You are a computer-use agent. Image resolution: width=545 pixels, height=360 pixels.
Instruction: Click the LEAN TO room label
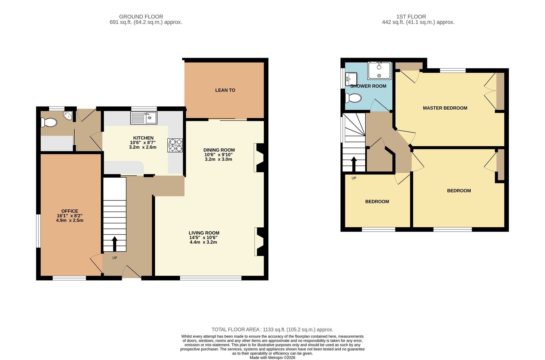225,90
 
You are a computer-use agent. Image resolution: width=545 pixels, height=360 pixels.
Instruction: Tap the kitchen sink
144,118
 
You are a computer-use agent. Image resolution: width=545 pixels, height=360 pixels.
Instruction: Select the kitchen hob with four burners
175,145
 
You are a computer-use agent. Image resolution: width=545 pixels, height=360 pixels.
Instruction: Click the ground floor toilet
49,122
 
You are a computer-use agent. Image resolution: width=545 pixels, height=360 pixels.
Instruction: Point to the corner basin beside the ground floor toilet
68,115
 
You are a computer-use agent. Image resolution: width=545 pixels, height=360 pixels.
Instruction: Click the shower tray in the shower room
379,71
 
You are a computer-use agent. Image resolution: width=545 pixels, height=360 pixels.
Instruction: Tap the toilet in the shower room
353,98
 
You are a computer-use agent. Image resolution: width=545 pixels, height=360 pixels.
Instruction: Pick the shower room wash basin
351,79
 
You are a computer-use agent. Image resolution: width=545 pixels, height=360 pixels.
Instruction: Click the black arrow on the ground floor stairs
114,244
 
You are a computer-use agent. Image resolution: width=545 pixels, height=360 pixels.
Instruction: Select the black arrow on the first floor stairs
354,164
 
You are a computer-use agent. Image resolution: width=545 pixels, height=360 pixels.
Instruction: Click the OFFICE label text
70,211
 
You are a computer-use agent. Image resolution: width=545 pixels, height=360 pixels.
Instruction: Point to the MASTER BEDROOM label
445,108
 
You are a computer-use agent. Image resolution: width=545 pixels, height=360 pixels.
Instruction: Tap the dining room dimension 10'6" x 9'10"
219,155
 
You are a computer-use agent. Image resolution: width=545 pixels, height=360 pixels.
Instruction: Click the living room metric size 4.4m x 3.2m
203,242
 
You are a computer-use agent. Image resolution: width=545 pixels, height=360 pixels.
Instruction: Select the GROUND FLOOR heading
141,17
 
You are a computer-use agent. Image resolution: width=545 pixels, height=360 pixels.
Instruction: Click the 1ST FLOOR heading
411,17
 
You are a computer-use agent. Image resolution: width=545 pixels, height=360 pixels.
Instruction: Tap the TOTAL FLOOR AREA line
272,330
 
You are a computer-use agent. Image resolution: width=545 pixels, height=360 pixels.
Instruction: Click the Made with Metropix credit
272,358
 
